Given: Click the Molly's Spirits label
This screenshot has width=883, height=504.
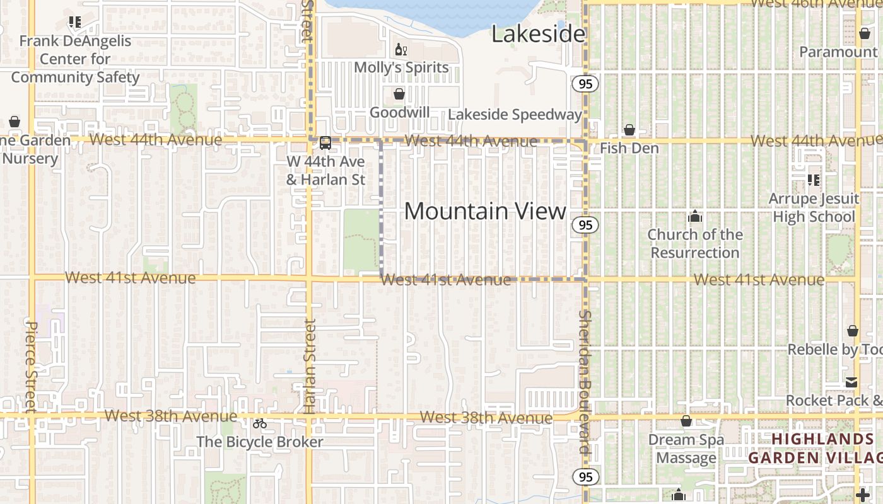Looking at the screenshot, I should coord(401,67).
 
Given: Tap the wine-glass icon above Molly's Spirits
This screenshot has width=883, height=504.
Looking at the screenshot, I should coord(400,49).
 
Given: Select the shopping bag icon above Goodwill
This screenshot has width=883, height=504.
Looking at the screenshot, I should coord(399,94).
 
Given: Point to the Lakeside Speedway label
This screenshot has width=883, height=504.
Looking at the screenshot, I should coord(515,115).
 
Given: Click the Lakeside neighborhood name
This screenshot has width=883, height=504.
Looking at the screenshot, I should coord(538,34).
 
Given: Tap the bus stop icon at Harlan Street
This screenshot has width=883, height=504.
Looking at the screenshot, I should coord(325,143).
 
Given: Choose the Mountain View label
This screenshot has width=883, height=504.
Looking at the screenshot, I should coord(485,211).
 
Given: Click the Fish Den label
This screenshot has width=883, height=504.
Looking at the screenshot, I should coord(629,148).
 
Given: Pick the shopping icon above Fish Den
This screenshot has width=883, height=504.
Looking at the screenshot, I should coord(629,130).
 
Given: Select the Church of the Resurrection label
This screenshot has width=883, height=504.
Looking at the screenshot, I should coord(695,244).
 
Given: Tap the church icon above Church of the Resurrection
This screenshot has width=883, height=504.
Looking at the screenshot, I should coord(695,217).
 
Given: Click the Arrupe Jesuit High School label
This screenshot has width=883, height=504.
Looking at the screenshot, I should coord(814,208).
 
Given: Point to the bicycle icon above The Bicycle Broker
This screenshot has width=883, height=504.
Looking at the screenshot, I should coord(260,423).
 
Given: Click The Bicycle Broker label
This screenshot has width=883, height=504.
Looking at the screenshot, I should coord(260,442).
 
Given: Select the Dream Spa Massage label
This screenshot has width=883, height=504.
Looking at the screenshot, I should coord(686,449).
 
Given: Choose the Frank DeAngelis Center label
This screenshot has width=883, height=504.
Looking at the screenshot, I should coord(74,59).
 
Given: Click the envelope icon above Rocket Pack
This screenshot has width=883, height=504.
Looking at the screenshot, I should coord(851,382).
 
